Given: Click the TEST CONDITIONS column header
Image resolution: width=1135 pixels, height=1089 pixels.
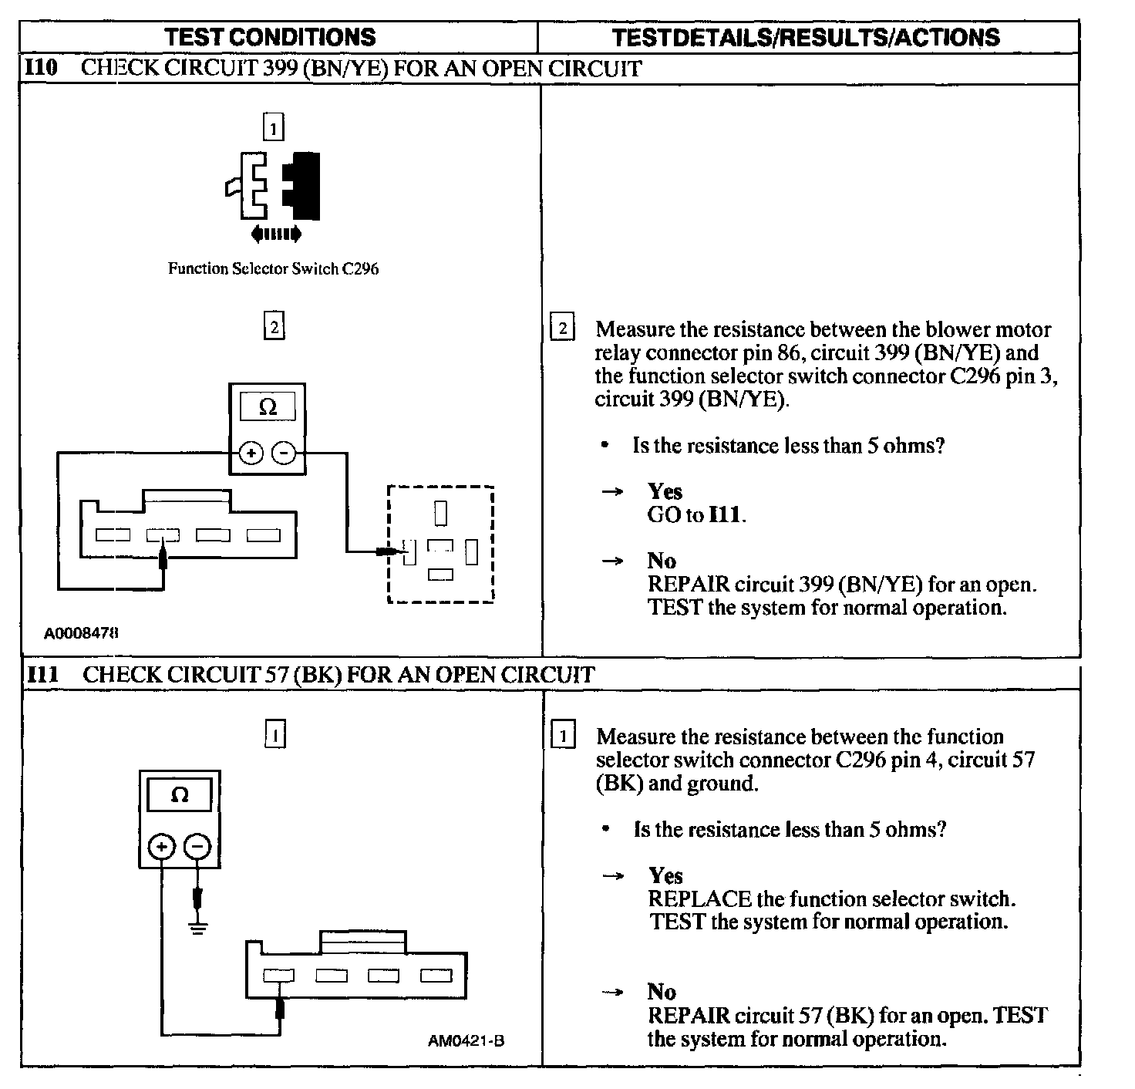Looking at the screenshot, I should (x=270, y=37).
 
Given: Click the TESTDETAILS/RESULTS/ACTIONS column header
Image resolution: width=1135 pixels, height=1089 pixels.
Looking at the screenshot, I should (x=806, y=38).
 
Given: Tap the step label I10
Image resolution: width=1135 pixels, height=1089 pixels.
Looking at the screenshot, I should (x=42, y=68).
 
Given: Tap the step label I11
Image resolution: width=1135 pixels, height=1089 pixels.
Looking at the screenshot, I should (x=42, y=675).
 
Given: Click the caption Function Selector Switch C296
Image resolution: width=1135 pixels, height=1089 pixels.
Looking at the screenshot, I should (x=273, y=269).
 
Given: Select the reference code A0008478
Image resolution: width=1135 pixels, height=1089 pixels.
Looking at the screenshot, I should (x=81, y=633).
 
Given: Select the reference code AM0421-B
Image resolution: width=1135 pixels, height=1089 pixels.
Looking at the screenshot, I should (x=466, y=1040).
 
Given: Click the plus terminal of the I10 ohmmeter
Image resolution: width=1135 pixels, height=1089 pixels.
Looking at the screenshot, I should (x=251, y=453).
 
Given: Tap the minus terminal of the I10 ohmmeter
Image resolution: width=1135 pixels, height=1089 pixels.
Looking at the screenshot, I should (x=285, y=453).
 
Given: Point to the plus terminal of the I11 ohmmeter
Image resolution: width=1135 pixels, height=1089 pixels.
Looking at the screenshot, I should (x=162, y=847).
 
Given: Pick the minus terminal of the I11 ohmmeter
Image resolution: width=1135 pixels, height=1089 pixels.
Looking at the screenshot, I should (x=198, y=847).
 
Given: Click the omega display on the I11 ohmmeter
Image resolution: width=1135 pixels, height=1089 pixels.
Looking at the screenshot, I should (x=180, y=795).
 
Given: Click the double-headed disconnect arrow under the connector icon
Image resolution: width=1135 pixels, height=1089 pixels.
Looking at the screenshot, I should (x=276, y=234).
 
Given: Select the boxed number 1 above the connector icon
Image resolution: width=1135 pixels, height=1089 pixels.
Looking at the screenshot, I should (x=274, y=126).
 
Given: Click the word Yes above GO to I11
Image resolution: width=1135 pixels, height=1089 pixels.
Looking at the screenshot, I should (x=665, y=491).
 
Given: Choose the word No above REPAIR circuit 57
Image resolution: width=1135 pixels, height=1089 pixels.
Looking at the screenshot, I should (x=662, y=992).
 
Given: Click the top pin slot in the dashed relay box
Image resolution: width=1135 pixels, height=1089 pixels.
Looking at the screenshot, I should (x=440, y=512).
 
